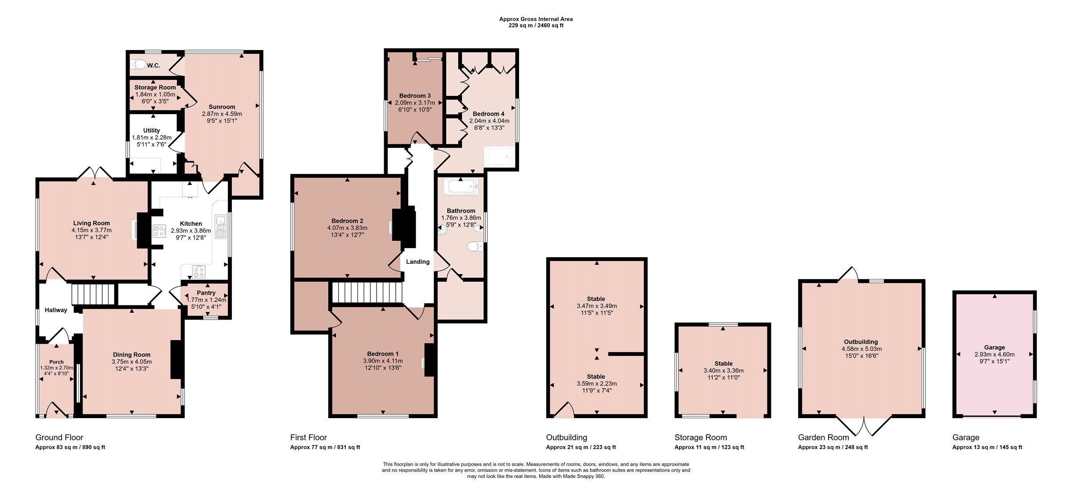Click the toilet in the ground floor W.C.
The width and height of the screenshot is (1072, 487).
click(x=138, y=65)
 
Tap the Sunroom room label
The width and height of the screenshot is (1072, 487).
click(x=222, y=107)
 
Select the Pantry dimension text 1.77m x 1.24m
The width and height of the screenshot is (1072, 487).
click(x=206, y=300)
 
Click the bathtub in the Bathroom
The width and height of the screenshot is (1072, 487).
click(x=461, y=187)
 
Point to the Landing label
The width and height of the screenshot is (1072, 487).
click(x=418, y=262)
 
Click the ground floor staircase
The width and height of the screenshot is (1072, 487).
click(x=93, y=295)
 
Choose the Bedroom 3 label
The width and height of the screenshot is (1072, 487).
click(x=415, y=96)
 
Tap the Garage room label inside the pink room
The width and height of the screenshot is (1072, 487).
click(x=994, y=347)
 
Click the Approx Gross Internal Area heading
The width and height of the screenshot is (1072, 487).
click(x=536, y=19)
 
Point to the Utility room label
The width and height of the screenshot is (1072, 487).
click(x=151, y=130)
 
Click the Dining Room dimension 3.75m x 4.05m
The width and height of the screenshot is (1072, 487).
click(x=132, y=362)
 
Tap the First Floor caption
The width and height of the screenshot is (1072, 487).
click(x=309, y=437)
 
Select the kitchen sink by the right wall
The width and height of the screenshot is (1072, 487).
click(x=221, y=227)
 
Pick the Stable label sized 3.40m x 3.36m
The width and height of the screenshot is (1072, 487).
click(x=724, y=363)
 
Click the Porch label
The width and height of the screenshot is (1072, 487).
click(x=56, y=362)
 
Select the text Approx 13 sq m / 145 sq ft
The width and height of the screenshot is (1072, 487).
click(x=987, y=447)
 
